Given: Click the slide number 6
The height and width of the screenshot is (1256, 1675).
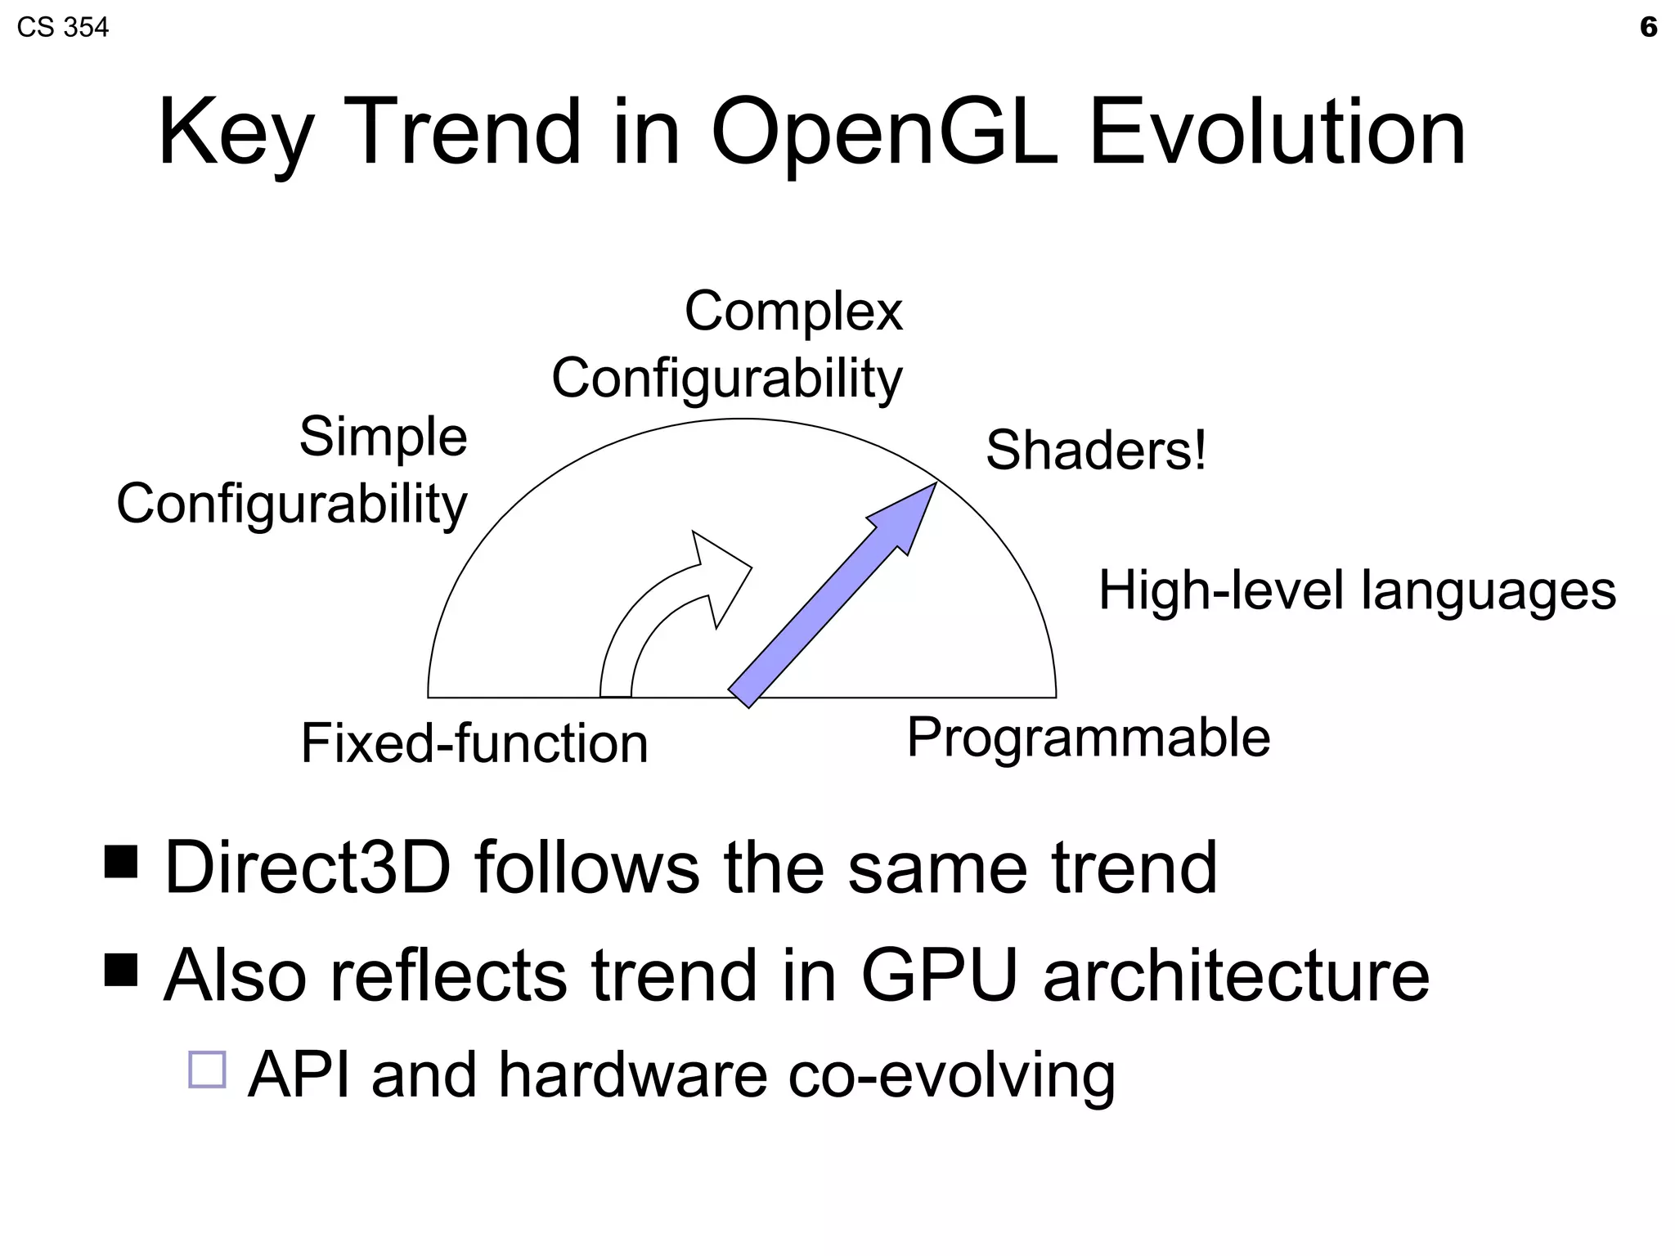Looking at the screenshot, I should pyautogui.click(x=1648, y=27).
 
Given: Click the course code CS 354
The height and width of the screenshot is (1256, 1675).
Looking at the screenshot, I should pyautogui.click(x=62, y=28).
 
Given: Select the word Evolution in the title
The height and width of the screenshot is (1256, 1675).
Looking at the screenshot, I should pyautogui.click(x=1278, y=132).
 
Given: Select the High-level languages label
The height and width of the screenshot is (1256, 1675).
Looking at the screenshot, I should pyautogui.click(x=1357, y=590).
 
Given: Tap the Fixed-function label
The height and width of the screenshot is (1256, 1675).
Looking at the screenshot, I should pyautogui.click(x=474, y=743).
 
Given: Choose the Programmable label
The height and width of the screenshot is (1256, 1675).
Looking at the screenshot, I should pyautogui.click(x=1089, y=738).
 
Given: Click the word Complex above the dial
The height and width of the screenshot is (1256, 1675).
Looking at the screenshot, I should pyautogui.click(x=793, y=312).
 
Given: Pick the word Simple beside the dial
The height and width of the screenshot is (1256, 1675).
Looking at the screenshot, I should pyautogui.click(x=383, y=437).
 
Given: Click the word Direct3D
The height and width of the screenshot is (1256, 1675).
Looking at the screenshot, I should pyautogui.click(x=308, y=868).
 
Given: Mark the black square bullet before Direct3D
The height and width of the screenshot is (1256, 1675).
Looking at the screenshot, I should pyautogui.click(x=121, y=861).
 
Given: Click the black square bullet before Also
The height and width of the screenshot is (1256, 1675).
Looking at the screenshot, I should pyautogui.click(x=121, y=969).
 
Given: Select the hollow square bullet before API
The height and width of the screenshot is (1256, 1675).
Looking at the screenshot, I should pyautogui.click(x=207, y=1069).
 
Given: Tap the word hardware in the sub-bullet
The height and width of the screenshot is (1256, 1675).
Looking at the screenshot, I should pyautogui.click(x=633, y=1074).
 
